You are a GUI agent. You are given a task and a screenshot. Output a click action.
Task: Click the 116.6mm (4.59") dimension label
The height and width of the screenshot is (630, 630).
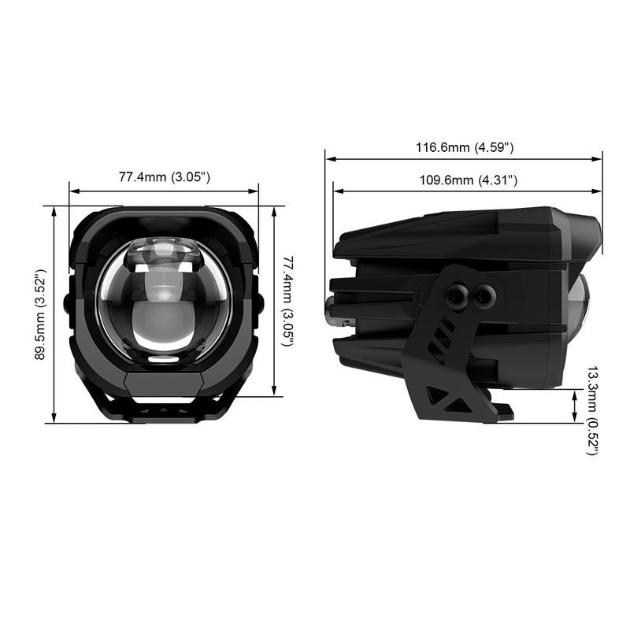(465, 147)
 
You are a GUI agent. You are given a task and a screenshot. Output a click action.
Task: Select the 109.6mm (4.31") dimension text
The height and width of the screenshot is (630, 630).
(469, 180)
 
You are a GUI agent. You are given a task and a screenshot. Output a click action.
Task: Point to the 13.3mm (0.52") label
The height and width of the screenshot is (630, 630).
(593, 410)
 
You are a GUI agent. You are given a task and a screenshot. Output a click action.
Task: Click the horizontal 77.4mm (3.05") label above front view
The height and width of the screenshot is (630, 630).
(165, 176)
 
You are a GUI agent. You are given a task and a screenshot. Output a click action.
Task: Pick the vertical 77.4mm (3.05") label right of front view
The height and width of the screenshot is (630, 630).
(287, 302)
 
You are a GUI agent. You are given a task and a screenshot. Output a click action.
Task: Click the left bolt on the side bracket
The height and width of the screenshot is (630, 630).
(457, 297)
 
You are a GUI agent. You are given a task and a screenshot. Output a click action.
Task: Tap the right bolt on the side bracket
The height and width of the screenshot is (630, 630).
(485, 296)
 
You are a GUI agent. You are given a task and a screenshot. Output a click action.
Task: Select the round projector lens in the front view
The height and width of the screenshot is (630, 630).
(164, 302)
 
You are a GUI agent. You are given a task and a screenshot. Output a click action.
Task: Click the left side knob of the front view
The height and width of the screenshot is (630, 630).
(67, 302)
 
